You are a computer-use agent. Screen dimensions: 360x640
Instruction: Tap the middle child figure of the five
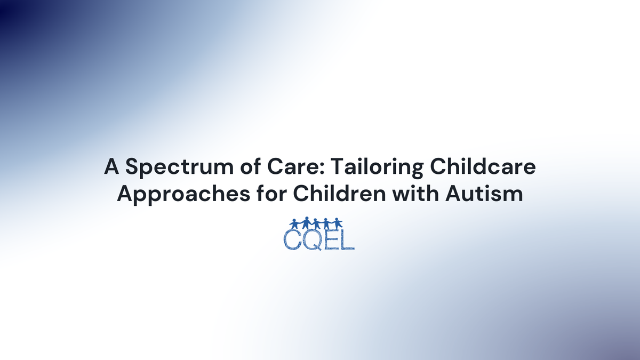[x=317, y=223]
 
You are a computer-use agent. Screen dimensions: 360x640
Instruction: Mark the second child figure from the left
[x=305, y=223]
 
